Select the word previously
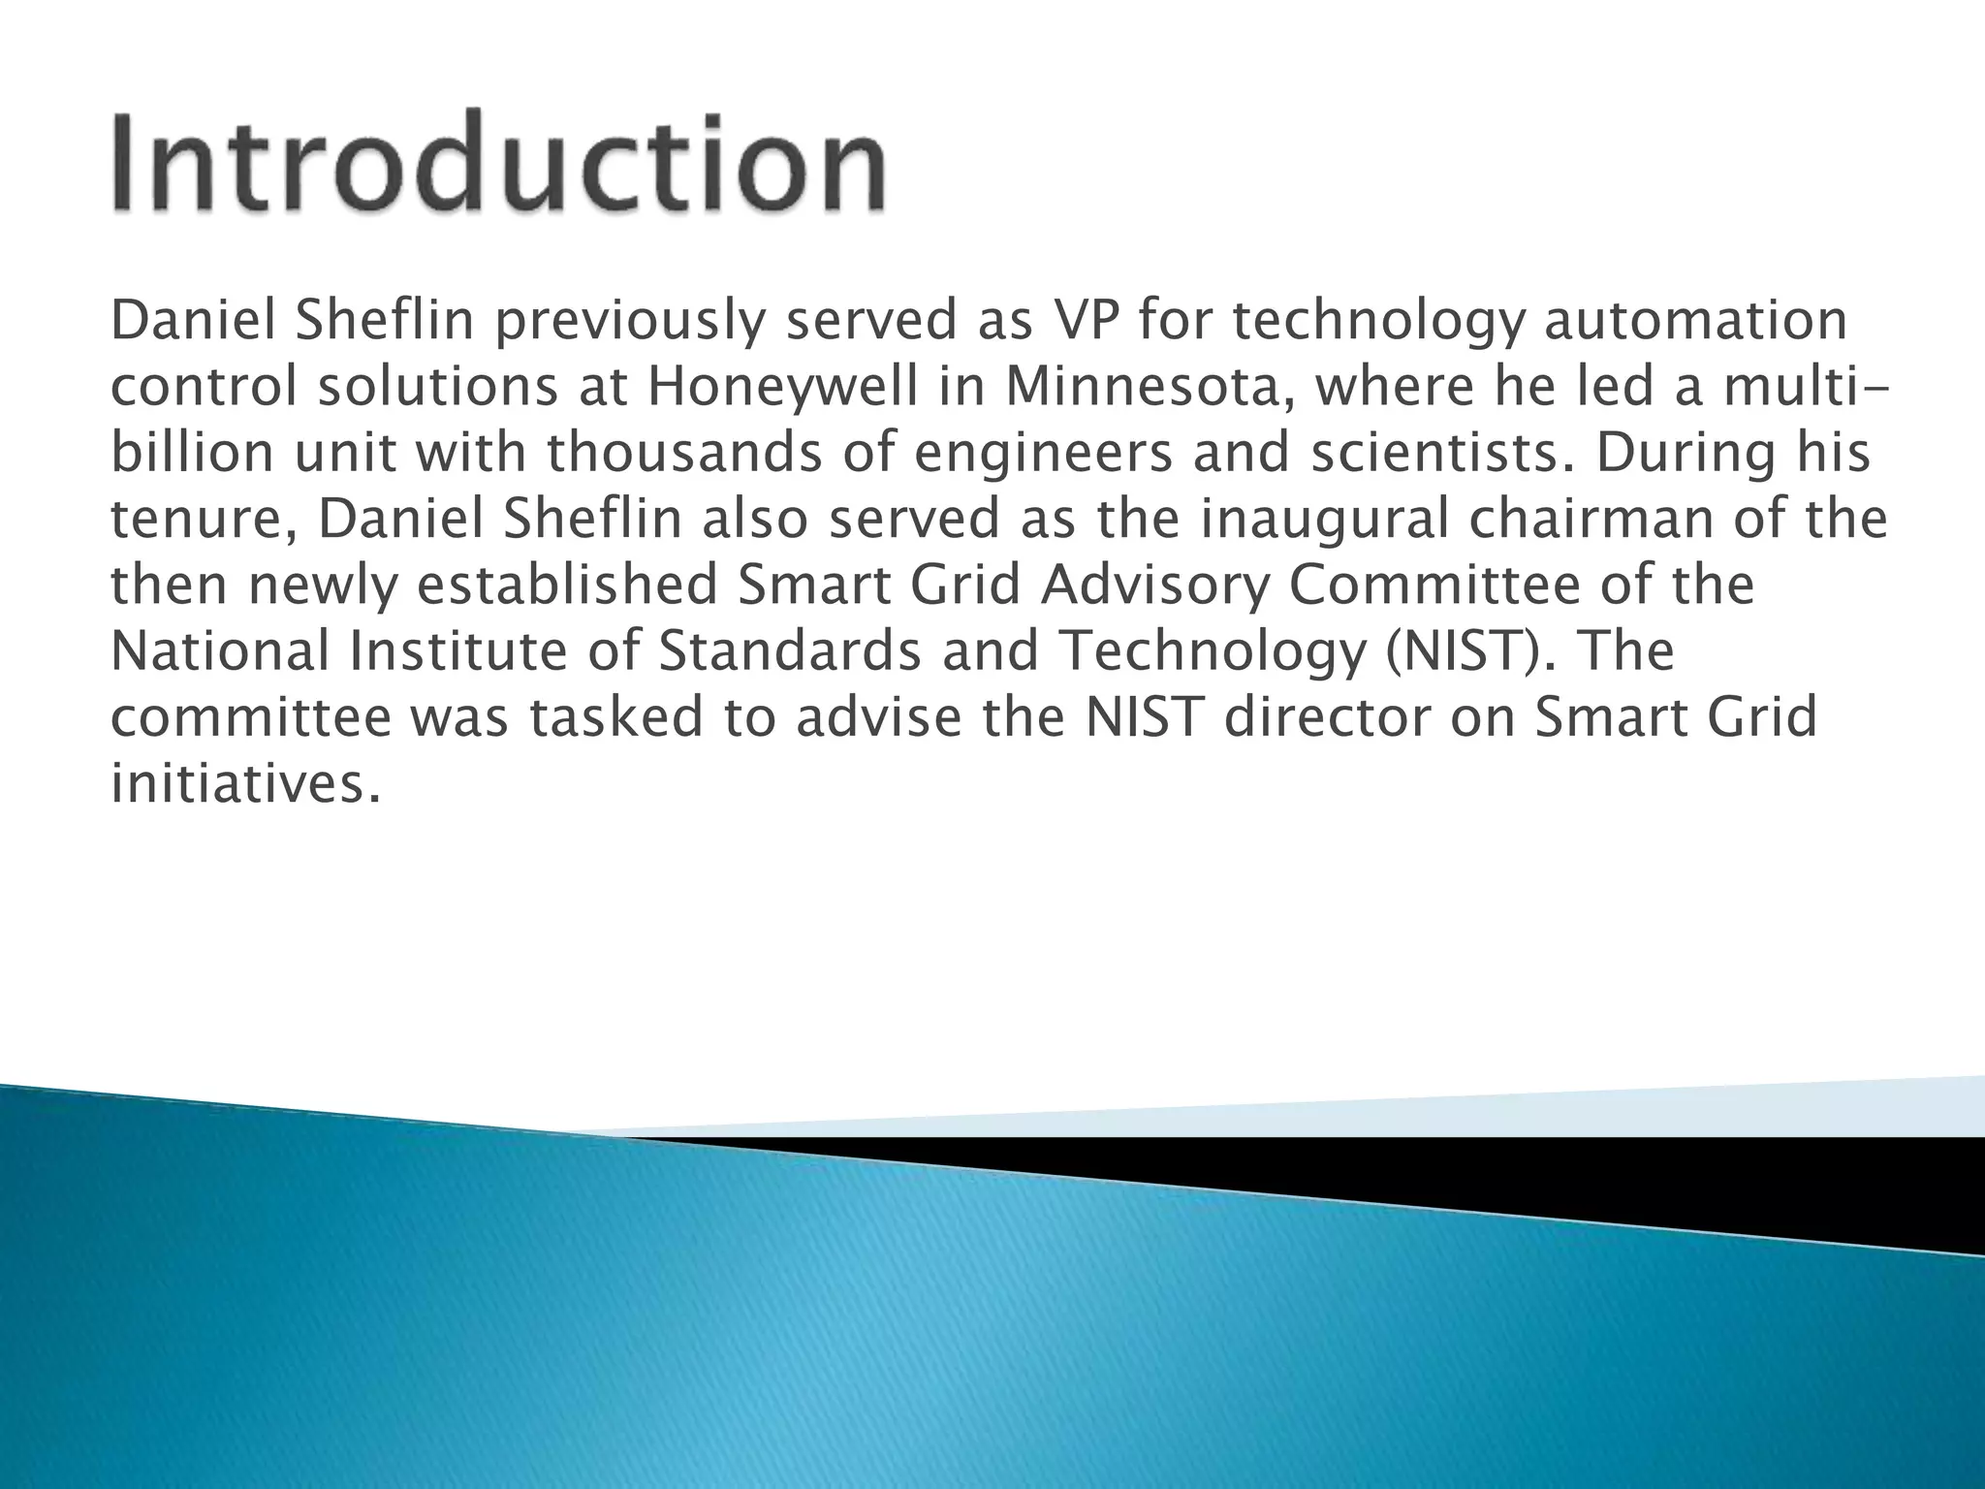tap(629, 322)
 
